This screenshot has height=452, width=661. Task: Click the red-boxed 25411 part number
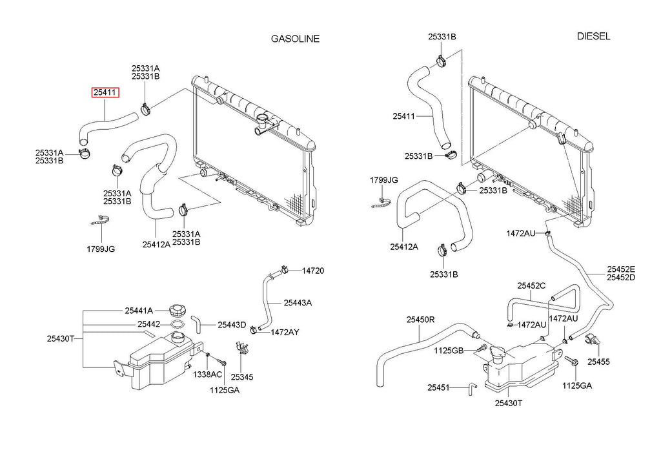(x=106, y=92)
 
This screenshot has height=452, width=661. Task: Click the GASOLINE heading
(x=295, y=39)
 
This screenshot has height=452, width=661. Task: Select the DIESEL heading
(x=593, y=36)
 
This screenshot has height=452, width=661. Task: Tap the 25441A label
(x=139, y=311)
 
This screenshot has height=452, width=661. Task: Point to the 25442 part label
(x=149, y=324)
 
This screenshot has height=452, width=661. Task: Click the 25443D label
(x=232, y=325)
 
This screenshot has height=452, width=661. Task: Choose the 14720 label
(x=313, y=271)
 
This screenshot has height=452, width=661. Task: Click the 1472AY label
(x=285, y=333)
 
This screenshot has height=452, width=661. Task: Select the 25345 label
(x=242, y=377)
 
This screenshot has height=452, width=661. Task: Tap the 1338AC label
(x=207, y=375)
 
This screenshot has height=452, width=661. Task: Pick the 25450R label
(x=420, y=320)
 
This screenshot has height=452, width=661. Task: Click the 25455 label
(x=598, y=362)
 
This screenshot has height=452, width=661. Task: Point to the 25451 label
(x=438, y=387)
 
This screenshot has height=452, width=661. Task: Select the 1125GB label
(x=449, y=351)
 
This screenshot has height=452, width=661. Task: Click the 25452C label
(x=531, y=286)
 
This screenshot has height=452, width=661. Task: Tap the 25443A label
(x=298, y=303)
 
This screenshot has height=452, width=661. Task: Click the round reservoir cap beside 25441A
(x=177, y=311)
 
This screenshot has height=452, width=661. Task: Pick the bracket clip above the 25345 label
(x=242, y=348)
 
